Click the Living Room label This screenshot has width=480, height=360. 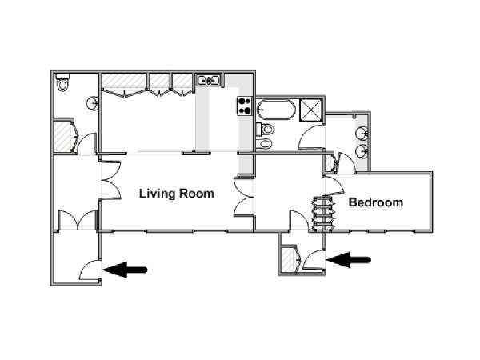[177, 194]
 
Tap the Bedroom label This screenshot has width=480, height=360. [376, 202]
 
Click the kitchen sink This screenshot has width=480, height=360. [209, 81]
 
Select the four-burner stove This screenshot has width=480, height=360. [244, 106]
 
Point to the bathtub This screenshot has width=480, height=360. [276, 110]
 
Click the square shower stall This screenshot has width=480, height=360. [310, 110]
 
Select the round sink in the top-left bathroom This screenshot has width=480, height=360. [93, 103]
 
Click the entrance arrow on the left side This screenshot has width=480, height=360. [125, 270]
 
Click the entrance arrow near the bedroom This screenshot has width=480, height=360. [348, 260]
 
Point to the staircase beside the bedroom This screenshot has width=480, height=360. [322, 214]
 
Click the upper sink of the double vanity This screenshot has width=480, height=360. [362, 134]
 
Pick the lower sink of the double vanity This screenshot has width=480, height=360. [362, 151]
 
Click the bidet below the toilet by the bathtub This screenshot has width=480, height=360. [264, 143]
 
